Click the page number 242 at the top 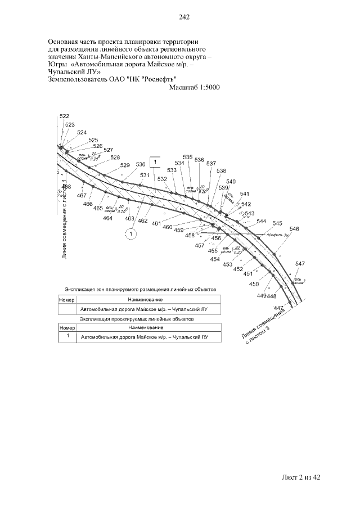coord(184,17)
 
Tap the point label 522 coord(64,116)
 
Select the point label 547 coord(300,264)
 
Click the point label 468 coord(66,187)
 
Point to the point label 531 coord(145,175)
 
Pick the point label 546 coord(294,229)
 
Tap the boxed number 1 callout coord(155,162)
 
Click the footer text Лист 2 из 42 coord(301,478)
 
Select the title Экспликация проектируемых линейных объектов coord(137,319)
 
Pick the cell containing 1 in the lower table coord(67,336)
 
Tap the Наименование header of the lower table coord(145,327)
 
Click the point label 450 coord(254,285)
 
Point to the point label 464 coord(108,218)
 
